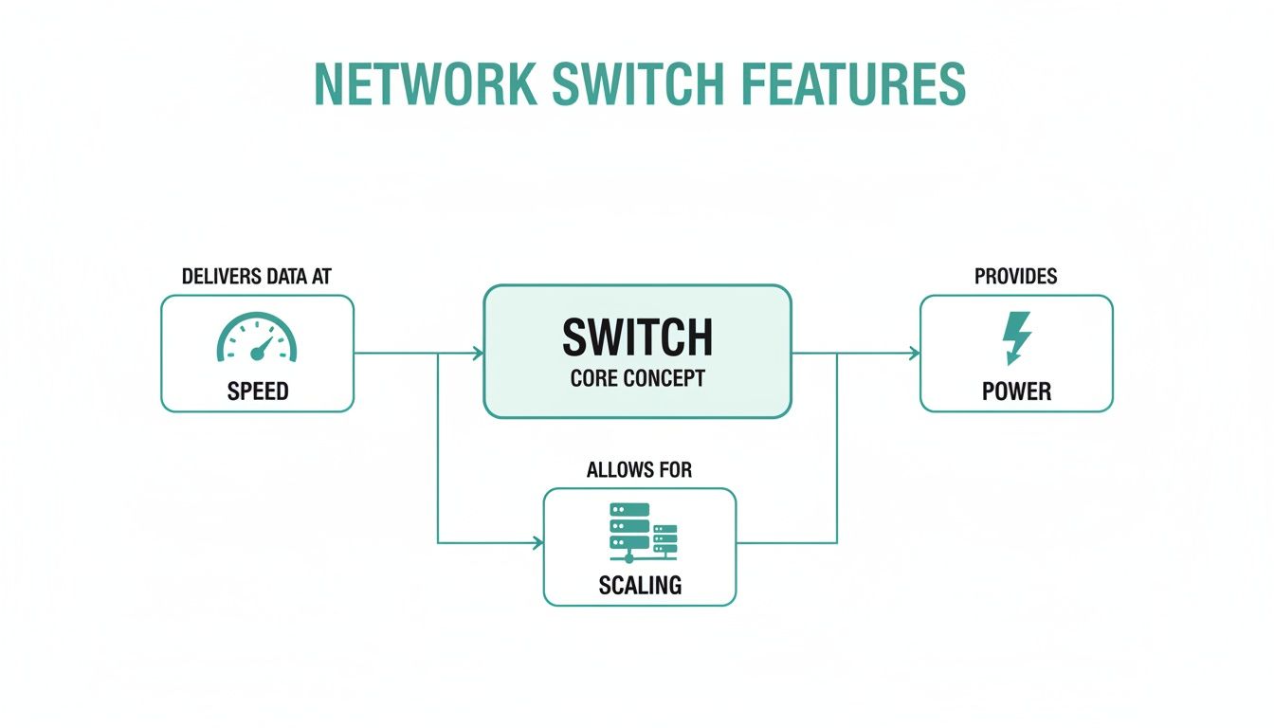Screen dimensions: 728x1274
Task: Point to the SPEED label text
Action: pos(257,391)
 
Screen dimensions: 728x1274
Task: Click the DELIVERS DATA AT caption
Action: pos(256,277)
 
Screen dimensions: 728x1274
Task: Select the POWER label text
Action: pos(1016,391)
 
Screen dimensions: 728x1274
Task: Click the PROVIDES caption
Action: pos(1015,277)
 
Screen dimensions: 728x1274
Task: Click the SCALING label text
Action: pos(640,585)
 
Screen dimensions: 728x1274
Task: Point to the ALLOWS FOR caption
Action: pos(639,470)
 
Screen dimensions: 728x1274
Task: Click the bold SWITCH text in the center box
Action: pos(637,337)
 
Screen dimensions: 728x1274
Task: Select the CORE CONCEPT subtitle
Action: pos(637,378)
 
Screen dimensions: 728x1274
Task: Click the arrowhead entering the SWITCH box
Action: pos(478,354)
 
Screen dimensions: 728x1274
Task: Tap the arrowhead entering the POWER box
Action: pos(914,354)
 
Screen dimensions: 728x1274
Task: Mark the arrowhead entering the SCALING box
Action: pos(537,543)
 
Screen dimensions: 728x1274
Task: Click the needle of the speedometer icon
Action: pos(263,346)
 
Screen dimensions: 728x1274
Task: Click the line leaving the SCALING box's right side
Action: pos(787,543)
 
